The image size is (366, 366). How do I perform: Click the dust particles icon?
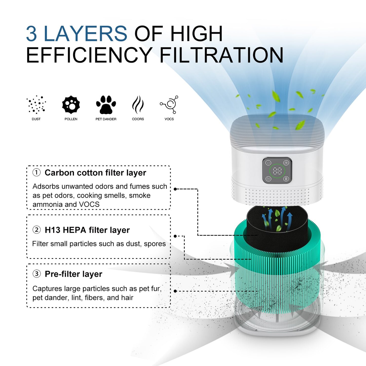(36, 104)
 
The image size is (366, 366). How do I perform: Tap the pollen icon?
(71, 104)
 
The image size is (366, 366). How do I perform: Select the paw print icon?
(106, 104)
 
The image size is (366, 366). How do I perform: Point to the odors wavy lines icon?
(138, 104)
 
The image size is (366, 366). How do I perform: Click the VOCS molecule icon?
(169, 104)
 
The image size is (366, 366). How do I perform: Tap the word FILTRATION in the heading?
(221, 55)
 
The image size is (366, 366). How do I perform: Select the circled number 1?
(36, 172)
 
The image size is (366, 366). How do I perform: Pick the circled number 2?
(36, 230)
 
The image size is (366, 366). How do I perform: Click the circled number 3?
(36, 274)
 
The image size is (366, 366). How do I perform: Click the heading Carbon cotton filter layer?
(95, 173)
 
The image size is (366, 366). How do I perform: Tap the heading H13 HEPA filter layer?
(87, 230)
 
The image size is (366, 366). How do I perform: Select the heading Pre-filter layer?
(73, 274)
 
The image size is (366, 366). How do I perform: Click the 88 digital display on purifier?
(277, 171)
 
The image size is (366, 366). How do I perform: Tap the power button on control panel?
(268, 163)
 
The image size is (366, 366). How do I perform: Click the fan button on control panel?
(286, 163)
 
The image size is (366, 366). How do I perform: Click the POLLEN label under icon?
(71, 119)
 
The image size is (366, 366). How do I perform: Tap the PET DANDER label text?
(106, 119)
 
